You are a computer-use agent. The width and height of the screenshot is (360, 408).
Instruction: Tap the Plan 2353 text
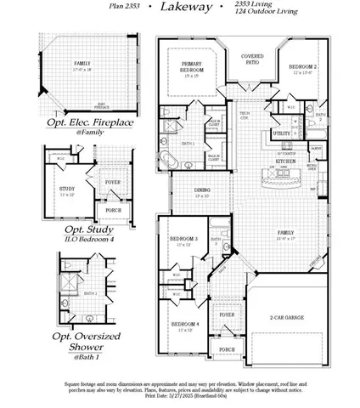[x=127, y=7]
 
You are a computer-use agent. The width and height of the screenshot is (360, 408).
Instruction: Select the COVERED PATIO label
[x=250, y=59]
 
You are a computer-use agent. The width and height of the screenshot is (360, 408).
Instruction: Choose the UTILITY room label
[x=281, y=133]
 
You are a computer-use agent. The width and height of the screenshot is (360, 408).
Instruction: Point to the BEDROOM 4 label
[x=184, y=325]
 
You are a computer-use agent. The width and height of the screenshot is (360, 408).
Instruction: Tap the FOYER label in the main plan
[x=227, y=314]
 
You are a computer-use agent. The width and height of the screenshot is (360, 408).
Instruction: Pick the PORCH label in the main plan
[x=227, y=349]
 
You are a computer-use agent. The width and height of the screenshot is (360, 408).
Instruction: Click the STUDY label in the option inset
[x=68, y=189]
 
